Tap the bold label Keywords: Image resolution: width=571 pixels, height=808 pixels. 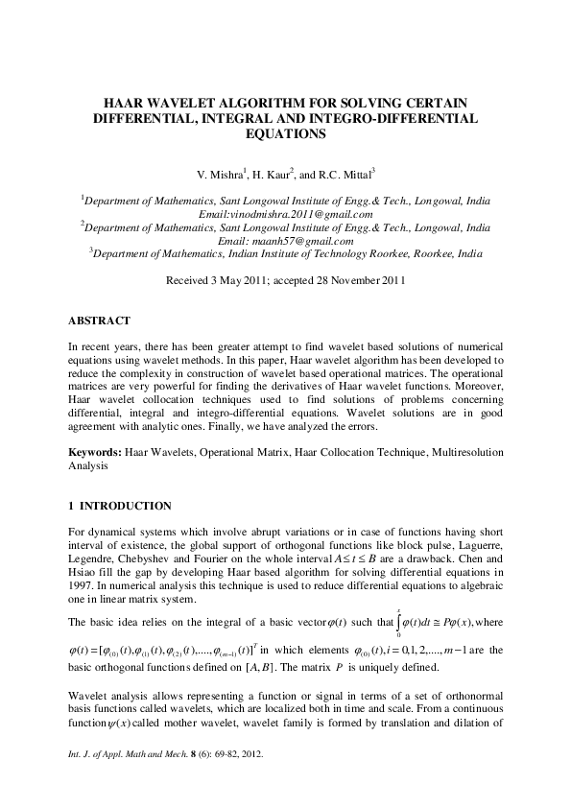pyautogui.click(x=95, y=450)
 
